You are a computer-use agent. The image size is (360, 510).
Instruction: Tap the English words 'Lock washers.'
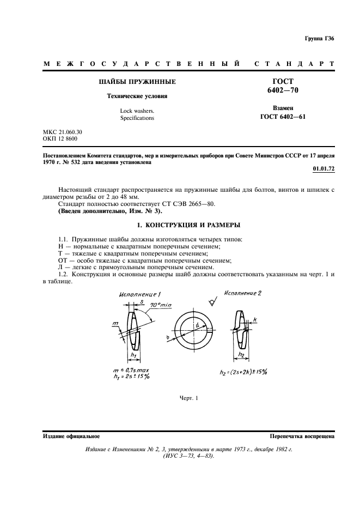click(x=137, y=111)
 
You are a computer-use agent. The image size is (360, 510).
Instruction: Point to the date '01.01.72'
click(x=324, y=168)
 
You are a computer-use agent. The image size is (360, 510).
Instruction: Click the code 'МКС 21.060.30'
click(x=63, y=132)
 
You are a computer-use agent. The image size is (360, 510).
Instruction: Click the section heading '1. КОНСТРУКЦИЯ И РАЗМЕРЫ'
click(x=179, y=224)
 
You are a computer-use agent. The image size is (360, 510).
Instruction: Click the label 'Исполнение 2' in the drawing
click(x=243, y=293)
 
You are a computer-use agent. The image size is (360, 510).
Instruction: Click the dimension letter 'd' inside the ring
click(x=197, y=326)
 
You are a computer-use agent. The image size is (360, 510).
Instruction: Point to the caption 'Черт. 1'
click(x=188, y=398)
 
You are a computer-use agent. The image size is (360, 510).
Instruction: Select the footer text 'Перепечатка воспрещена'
click(x=302, y=437)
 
